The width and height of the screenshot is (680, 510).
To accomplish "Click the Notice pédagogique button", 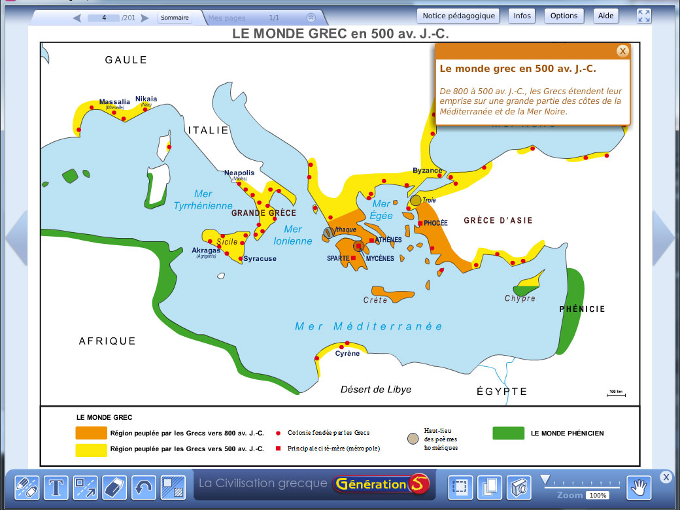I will [459, 16].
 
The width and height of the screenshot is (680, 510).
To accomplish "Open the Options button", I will [564, 16].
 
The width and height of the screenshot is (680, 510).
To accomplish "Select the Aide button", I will [605, 16].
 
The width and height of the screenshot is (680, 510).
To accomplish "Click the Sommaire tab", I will [175, 18].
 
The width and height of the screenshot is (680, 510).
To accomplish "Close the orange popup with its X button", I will [622, 51].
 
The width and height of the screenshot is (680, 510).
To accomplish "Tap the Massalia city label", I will [114, 102].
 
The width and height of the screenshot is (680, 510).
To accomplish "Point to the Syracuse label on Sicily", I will [260, 259].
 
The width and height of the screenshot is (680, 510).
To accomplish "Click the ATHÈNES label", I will [388, 240].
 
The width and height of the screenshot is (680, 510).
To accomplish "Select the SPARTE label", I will [338, 258].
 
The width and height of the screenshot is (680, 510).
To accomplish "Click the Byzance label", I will [428, 171].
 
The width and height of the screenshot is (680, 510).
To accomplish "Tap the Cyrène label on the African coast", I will [347, 354].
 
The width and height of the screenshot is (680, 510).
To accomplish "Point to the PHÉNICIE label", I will [583, 309].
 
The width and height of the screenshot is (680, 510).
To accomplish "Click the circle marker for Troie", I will [416, 200].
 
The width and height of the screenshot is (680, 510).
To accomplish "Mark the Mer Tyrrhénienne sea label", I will [203, 199].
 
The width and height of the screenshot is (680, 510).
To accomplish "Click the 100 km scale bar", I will [615, 394].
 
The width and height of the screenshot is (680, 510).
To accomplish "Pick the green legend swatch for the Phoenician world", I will [508, 433].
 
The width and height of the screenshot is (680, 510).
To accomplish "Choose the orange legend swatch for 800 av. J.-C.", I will [91, 433].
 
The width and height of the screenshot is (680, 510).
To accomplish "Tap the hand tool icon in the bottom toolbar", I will [639, 486].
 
